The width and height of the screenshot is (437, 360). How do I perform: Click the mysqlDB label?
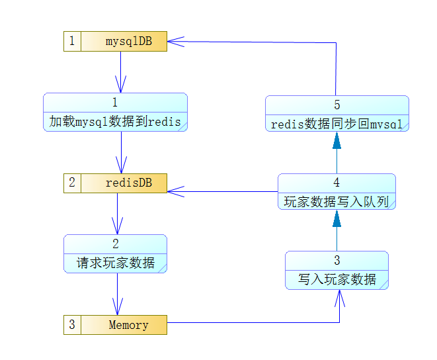(x=129, y=42)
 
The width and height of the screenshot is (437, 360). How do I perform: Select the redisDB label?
(x=129, y=183)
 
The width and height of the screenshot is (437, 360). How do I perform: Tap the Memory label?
(x=128, y=325)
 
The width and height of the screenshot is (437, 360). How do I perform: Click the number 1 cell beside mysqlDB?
(x=72, y=41)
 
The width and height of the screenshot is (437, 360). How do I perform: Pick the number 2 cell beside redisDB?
(x=72, y=183)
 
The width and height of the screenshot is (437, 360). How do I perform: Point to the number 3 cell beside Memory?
(x=72, y=325)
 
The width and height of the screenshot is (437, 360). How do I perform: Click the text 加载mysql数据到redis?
(x=115, y=122)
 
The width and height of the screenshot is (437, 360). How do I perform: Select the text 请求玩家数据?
(x=116, y=263)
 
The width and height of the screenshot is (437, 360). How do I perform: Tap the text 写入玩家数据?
(x=337, y=279)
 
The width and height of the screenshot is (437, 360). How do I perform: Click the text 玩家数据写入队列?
(x=337, y=202)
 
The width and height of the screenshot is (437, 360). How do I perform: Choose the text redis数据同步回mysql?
(x=337, y=124)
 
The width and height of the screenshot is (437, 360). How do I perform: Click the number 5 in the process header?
(x=337, y=105)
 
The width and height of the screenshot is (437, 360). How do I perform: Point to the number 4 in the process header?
(x=337, y=183)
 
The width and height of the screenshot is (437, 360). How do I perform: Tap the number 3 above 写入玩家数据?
(x=337, y=260)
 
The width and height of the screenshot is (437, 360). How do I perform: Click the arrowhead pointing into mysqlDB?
(x=176, y=42)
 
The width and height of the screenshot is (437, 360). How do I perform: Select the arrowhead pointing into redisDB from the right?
(x=176, y=192)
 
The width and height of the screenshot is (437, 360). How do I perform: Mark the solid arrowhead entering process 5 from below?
(x=337, y=140)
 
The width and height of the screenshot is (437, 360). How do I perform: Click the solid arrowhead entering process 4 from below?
(x=337, y=218)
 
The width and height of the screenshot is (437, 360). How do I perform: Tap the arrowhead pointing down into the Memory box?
(x=117, y=306)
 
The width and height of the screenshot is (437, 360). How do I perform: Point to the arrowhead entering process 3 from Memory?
(x=339, y=298)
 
